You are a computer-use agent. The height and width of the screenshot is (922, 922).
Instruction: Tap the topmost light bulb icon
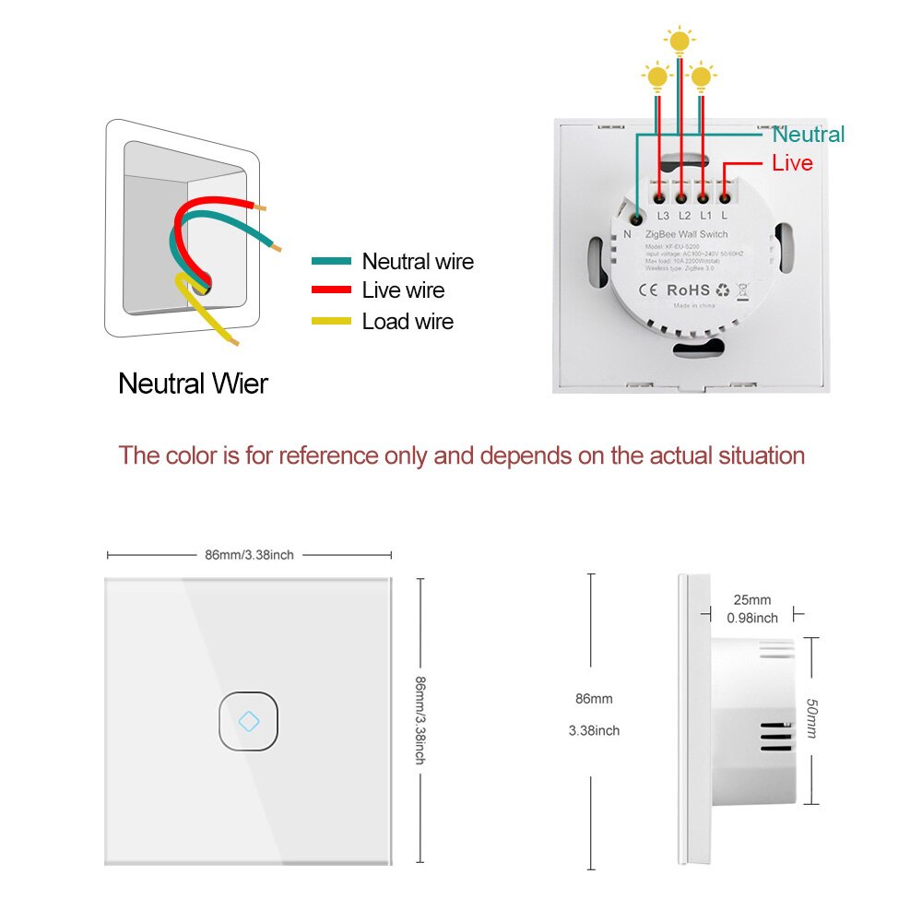click(x=680, y=41)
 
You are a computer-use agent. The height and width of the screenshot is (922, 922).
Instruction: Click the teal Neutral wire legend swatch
click(x=332, y=262)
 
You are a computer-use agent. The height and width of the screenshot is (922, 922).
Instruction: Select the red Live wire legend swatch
click(x=332, y=290)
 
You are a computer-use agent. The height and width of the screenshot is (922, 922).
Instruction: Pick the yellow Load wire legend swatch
click(x=332, y=321)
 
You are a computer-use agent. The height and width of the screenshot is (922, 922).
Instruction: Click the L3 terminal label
click(x=663, y=216)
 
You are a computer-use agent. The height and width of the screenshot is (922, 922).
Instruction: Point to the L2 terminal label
click(x=684, y=216)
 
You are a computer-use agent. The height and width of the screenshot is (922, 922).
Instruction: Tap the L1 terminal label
click(x=704, y=216)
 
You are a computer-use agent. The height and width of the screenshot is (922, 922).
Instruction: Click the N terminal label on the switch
click(x=628, y=234)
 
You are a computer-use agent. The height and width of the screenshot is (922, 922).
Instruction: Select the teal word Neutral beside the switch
click(x=808, y=135)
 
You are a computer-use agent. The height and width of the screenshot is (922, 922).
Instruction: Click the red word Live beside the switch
click(x=792, y=163)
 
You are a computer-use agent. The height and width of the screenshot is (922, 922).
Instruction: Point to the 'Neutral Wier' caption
click(x=193, y=383)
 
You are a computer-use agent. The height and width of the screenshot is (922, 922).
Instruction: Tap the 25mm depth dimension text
click(x=752, y=600)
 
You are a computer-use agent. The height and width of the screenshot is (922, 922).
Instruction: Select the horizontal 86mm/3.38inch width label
click(x=249, y=555)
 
